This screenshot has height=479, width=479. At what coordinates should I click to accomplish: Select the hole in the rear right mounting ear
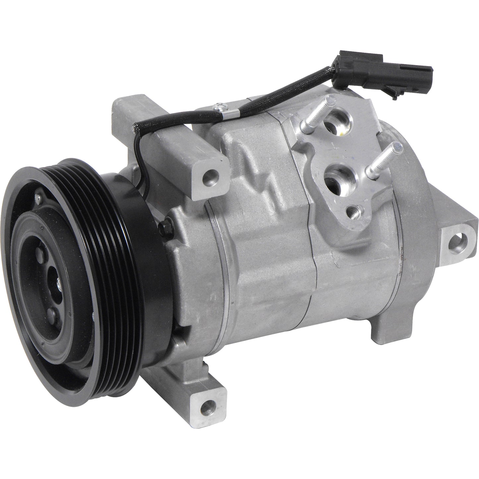coord(458,241)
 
